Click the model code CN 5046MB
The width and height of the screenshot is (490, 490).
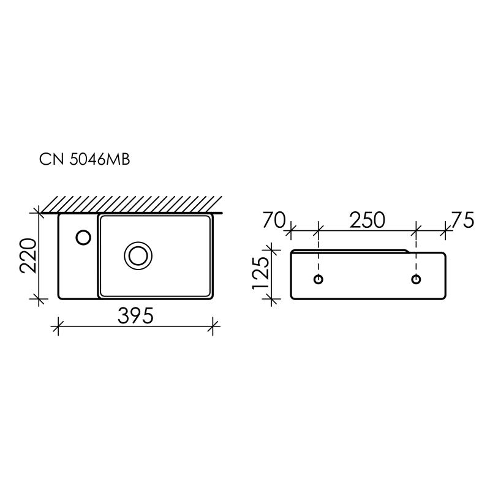point(84,160)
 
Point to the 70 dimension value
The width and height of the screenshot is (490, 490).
point(274,220)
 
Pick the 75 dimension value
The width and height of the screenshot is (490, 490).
point(462,220)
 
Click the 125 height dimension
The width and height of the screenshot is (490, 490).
point(260,273)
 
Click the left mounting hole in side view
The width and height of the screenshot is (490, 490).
point(318,279)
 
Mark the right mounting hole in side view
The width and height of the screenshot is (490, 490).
point(416,279)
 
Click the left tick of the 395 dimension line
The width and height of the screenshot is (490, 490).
point(58,326)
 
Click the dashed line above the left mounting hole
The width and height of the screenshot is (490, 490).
point(318,260)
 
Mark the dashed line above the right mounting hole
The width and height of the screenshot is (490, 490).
point(416,260)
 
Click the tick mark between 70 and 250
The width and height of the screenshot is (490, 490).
point(318,231)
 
